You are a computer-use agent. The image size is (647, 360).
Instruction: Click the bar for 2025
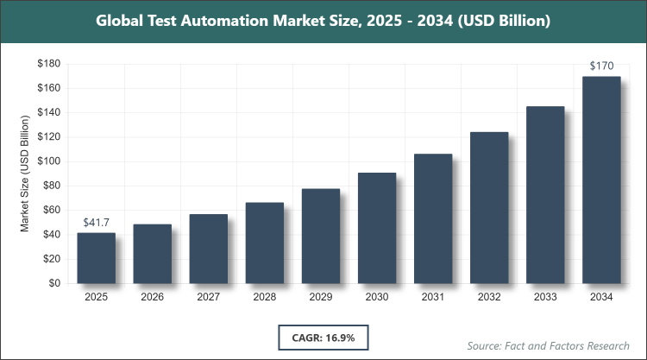[96, 258]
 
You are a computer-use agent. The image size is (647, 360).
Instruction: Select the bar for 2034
[601, 180]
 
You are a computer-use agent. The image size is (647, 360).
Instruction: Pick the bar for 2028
[265, 243]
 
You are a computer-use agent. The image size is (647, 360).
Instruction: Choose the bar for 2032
[489, 208]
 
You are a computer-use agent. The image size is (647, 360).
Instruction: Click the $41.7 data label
[96, 223]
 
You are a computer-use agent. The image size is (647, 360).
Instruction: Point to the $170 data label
[601, 66]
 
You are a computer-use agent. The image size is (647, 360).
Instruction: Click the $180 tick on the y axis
[49, 64]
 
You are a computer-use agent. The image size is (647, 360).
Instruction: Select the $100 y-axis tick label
[49, 161]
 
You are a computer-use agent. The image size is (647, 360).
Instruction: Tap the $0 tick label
[54, 283]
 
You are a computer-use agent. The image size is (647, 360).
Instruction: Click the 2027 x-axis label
[208, 298]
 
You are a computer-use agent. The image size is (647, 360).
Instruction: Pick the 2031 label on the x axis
[433, 298]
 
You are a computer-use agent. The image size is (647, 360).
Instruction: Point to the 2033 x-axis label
[545, 298]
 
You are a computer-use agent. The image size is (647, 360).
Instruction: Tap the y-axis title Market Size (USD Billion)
[26, 174]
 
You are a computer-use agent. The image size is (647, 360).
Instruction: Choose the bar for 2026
[152, 254]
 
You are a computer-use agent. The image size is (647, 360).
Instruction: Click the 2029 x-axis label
[321, 298]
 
